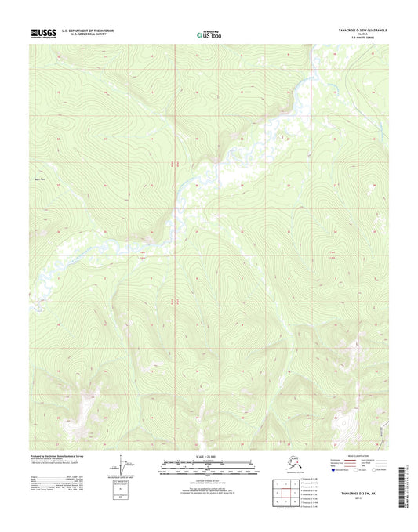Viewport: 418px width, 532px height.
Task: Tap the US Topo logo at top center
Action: [209, 34]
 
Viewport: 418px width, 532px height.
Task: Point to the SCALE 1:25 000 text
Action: [208, 455]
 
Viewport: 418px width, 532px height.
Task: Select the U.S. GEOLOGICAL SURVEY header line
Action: [83, 35]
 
